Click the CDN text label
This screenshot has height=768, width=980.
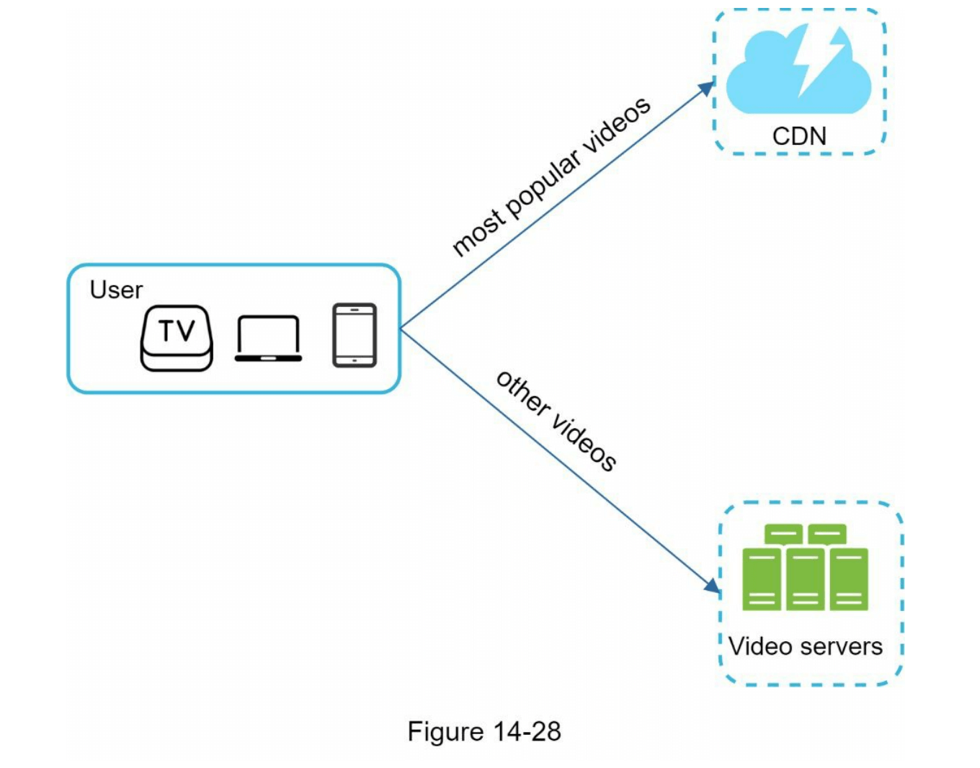(x=799, y=135)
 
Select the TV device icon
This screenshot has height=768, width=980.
(x=177, y=338)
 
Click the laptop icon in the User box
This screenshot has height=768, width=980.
(x=268, y=338)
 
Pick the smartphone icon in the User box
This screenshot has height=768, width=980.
(x=355, y=335)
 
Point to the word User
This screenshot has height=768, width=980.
(x=116, y=290)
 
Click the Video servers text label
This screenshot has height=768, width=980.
(x=805, y=646)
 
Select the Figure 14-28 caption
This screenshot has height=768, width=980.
(x=484, y=731)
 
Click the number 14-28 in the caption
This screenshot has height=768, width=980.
(x=527, y=731)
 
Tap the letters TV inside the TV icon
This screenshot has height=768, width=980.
(x=177, y=331)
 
